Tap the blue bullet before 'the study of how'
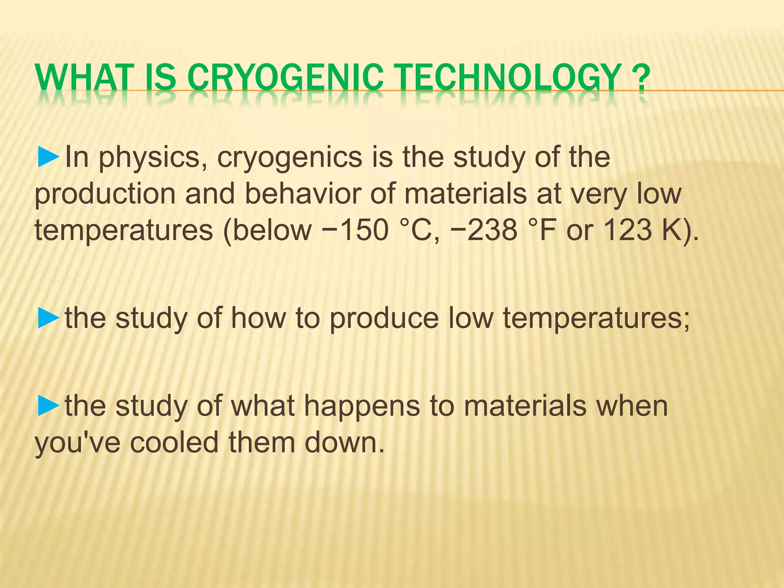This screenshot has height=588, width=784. tap(49, 318)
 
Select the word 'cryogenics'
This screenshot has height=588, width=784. tap(290, 158)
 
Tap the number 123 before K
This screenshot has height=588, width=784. tap(627, 230)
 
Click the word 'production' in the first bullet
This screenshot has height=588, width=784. tap(105, 194)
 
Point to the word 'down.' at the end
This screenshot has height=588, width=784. tap(344, 442)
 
